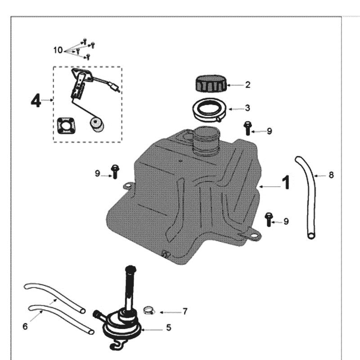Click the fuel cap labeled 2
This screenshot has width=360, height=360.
pyautogui.click(x=210, y=85)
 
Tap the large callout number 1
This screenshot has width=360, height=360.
pyautogui.click(x=286, y=183)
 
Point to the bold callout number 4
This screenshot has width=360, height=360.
pyautogui.click(x=36, y=100)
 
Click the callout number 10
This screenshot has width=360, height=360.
pyautogui.click(x=58, y=50)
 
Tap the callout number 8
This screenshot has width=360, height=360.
pyautogui.click(x=331, y=175)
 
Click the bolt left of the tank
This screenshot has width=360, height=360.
pyautogui.click(x=115, y=171)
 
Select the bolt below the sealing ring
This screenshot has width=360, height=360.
pyautogui.click(x=247, y=128)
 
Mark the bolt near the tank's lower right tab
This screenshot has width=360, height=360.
pyautogui.click(x=269, y=219)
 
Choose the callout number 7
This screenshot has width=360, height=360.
pyautogui.click(x=184, y=311)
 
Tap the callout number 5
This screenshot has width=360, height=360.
pyautogui.click(x=169, y=328)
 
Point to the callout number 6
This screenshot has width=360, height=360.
pyautogui.click(x=25, y=326)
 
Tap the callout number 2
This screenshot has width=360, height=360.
pyautogui.click(x=247, y=85)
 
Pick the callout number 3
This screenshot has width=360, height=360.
pyautogui.click(x=247, y=108)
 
